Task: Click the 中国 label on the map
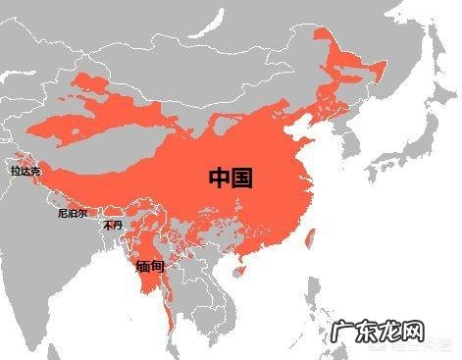coord(231,178)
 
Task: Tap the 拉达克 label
coord(26,172)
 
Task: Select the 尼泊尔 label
coord(73,212)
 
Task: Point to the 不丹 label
coord(113,225)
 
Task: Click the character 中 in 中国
coord(220,178)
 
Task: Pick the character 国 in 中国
coord(243,178)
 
